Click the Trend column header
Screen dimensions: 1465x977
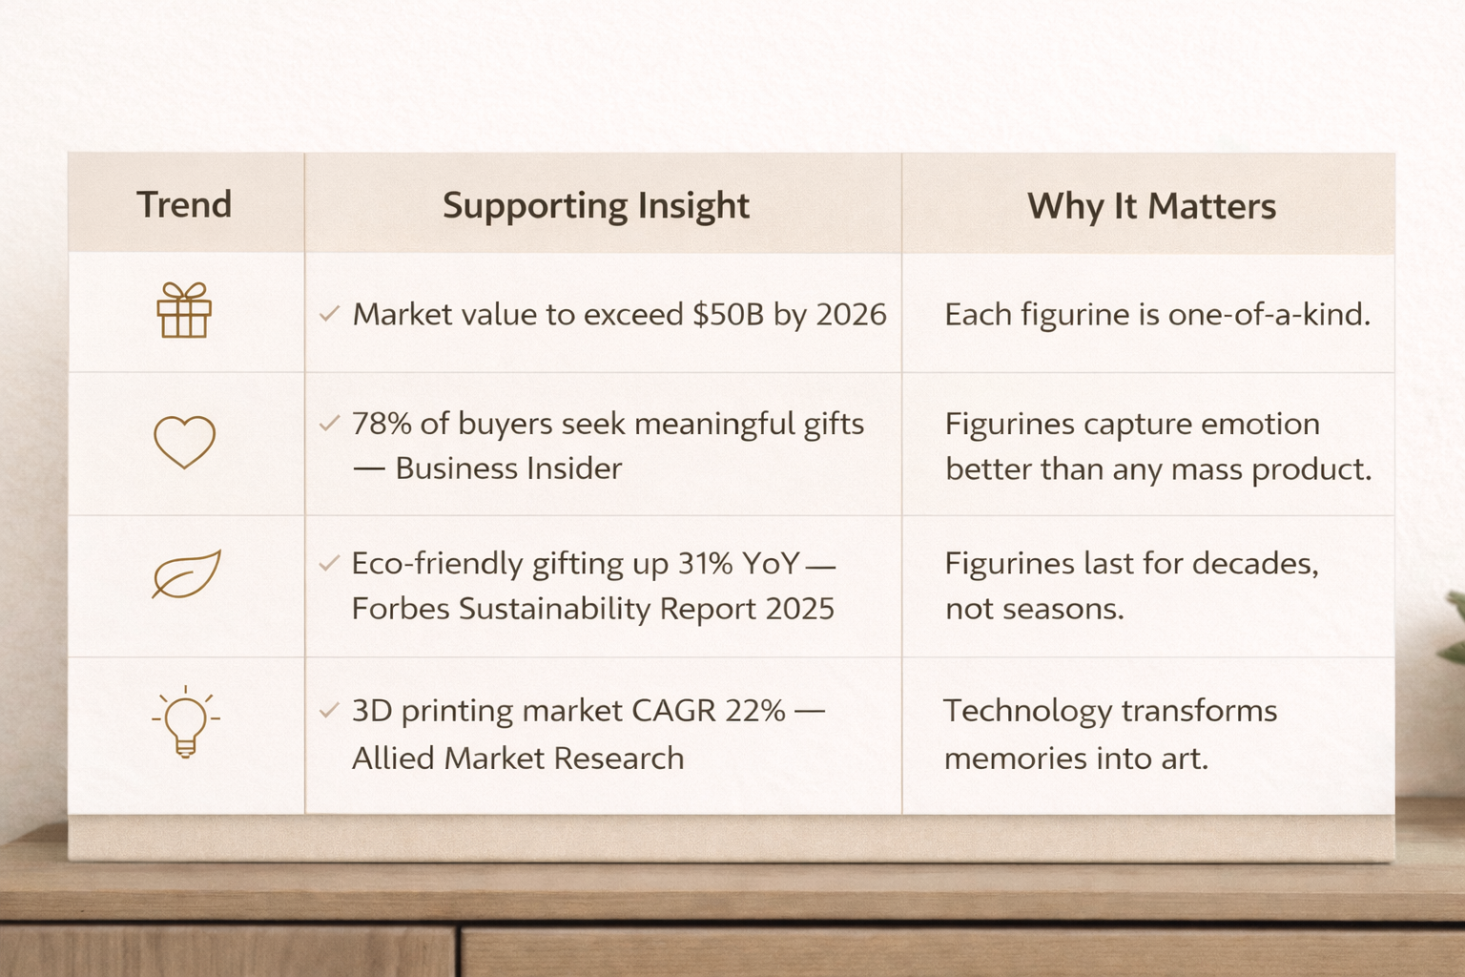[184, 204]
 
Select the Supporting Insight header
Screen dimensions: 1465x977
[596, 206]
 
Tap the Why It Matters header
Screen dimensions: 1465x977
[1152, 206]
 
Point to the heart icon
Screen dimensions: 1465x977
[184, 443]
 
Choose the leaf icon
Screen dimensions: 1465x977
[186, 574]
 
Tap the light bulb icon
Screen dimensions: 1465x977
[186, 721]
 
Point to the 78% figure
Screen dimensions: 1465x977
[382, 424]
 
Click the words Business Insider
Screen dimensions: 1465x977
[508, 468]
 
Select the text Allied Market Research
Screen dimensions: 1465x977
[518, 759]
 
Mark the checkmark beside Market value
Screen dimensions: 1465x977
[329, 314]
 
